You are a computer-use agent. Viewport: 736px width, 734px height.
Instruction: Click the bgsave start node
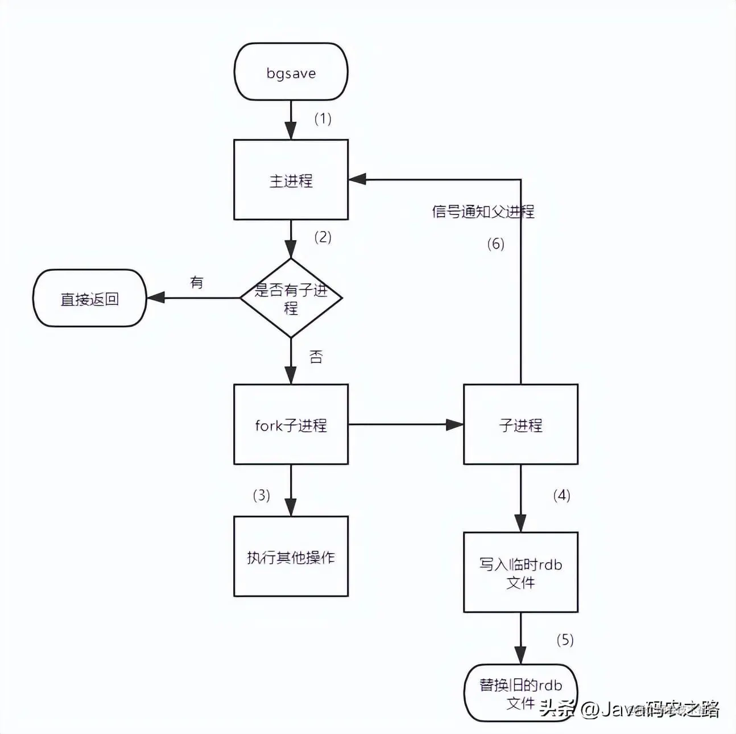(291, 72)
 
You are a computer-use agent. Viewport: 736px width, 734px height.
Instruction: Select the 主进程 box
(291, 180)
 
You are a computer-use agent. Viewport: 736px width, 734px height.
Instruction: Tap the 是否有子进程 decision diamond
(291, 298)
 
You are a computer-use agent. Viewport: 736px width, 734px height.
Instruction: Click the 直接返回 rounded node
(90, 298)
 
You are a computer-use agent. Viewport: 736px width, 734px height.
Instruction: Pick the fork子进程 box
(291, 424)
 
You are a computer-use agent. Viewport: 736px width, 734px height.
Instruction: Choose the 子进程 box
(520, 424)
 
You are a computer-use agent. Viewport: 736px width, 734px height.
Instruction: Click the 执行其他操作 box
(291, 556)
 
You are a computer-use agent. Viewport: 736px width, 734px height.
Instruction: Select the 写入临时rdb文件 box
(520, 572)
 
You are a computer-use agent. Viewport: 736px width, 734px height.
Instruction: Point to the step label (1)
(322, 118)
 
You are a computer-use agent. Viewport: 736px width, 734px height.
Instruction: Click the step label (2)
(322, 237)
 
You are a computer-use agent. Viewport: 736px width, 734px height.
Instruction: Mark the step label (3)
(261, 495)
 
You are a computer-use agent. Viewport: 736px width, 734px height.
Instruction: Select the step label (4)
(561, 495)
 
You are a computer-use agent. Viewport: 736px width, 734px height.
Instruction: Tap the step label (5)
(565, 640)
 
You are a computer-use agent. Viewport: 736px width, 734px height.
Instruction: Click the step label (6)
(495, 244)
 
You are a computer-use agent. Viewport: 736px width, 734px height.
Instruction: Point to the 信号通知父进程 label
(483, 212)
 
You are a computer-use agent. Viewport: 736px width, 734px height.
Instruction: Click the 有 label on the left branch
(197, 282)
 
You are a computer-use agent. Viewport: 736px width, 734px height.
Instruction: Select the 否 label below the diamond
(316, 357)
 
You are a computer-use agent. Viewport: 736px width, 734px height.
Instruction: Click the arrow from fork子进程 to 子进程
(406, 424)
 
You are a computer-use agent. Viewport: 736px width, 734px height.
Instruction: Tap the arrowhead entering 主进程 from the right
(357, 180)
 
